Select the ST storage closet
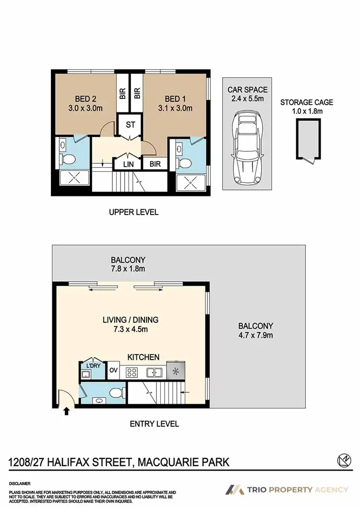click(x=130, y=125)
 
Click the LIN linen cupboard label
click(x=129, y=164)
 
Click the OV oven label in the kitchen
click(x=113, y=370)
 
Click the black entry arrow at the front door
click(x=66, y=411)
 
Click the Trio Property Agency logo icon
click(x=234, y=490)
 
